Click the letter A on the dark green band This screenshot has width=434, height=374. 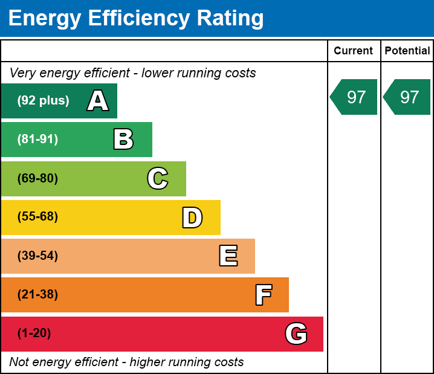(98, 101)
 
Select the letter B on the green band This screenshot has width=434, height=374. (123, 140)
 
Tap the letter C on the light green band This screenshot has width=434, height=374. (158, 178)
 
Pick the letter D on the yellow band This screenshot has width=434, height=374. (192, 218)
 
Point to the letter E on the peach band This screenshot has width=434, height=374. (228, 256)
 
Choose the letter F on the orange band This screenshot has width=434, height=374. (263, 295)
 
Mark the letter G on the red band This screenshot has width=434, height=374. (296, 334)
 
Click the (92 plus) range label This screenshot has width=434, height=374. (43, 101)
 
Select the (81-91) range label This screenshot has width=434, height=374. (37, 140)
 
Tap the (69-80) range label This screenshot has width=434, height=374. (37, 178)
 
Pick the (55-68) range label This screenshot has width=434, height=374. (37, 217)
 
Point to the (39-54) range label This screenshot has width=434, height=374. (37, 256)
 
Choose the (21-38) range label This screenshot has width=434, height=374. (37, 295)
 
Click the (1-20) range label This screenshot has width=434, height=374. (34, 334)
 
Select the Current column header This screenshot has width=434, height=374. (354, 51)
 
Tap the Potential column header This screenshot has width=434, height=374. (407, 51)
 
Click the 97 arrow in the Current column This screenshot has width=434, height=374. (354, 97)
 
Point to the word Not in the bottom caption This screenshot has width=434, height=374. (19, 363)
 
